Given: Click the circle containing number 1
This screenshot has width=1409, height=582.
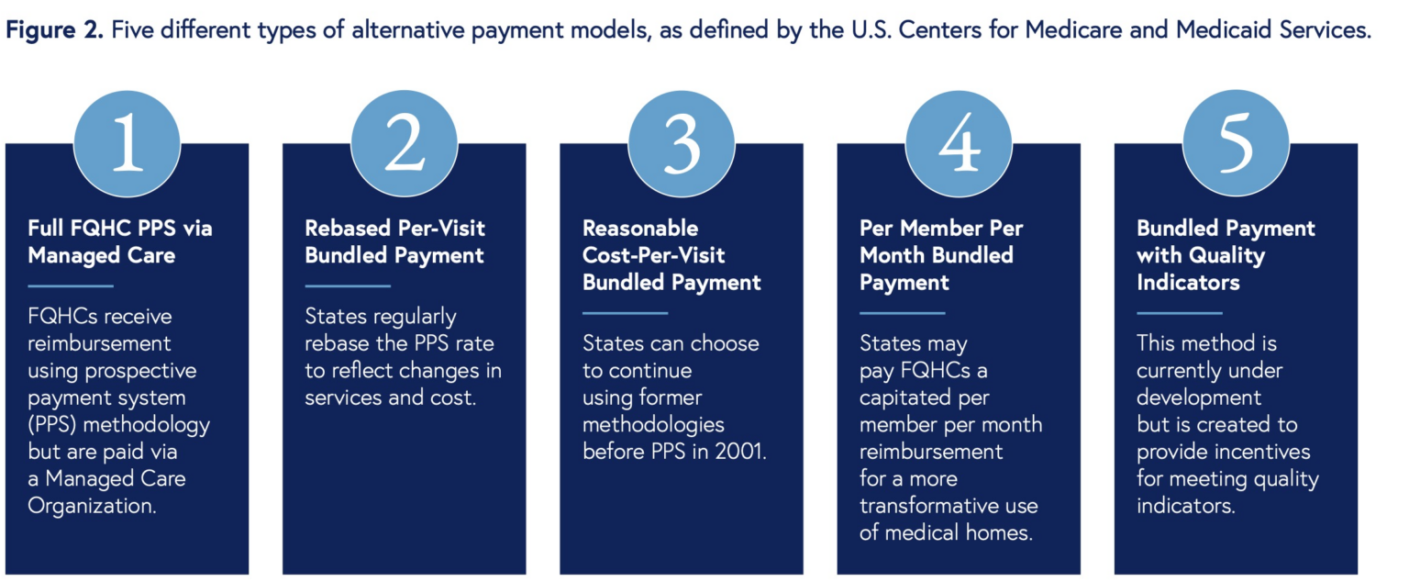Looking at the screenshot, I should point(127,144).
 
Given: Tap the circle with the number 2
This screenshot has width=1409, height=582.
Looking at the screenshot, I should point(404,144).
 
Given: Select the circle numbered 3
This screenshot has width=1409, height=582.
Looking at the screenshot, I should point(681,144).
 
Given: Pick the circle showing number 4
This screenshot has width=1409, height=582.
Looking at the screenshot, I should point(959,144).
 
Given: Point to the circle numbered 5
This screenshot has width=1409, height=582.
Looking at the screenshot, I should point(1236,144).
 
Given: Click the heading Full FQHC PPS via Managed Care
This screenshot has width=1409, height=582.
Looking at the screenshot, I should point(119,241).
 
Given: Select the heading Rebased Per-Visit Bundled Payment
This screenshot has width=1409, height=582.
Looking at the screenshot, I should point(395,241).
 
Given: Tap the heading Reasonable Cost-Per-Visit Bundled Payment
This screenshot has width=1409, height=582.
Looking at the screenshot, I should point(671,255).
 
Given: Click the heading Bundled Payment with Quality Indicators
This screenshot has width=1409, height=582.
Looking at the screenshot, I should point(1226,255).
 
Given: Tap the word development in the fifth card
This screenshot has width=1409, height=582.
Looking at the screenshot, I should point(1199,398).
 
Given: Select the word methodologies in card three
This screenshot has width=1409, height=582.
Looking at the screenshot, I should point(653,425).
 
